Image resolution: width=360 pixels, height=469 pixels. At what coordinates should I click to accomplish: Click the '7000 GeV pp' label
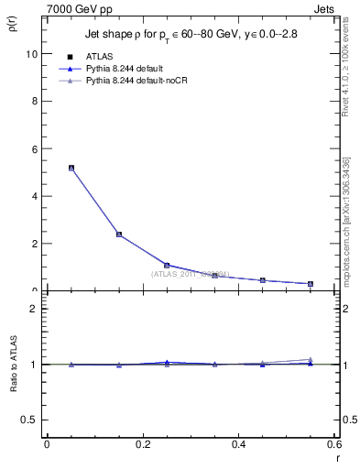click(x=76, y=9)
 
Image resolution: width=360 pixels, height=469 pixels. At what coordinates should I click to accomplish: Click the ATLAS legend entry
click(x=99, y=57)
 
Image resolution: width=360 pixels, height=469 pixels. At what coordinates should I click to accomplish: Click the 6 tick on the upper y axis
click(x=35, y=148)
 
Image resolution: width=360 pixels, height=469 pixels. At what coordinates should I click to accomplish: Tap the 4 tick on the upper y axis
click(x=35, y=196)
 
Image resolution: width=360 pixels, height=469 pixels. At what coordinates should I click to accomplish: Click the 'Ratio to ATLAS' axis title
click(x=15, y=365)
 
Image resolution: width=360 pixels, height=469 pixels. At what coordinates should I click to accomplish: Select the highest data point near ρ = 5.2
click(x=71, y=168)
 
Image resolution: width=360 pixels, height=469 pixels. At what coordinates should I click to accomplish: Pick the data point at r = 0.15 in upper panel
click(x=119, y=234)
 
